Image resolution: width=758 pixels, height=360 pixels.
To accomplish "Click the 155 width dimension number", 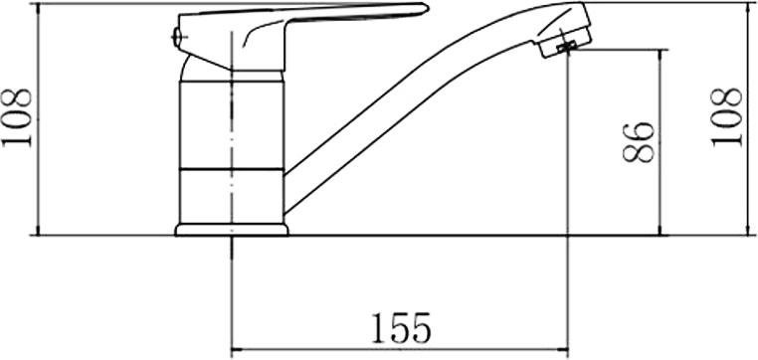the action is (x=401, y=328).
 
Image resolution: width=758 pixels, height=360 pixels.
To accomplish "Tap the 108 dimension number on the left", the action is (x=17, y=117).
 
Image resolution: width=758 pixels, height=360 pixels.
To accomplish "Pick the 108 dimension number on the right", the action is (x=726, y=117).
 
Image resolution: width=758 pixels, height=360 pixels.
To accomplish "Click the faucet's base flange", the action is (x=232, y=230).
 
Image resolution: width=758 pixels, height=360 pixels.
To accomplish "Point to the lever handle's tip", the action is (x=426, y=7).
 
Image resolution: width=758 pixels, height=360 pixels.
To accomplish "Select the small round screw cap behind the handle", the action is (x=177, y=37).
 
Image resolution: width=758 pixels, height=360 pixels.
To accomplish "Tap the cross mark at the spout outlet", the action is (x=567, y=48).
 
